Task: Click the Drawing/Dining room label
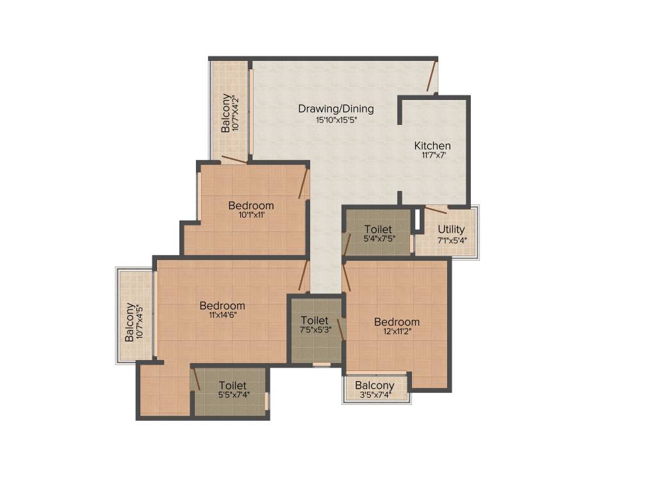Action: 336,109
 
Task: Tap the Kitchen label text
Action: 432,146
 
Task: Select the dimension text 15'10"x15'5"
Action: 336,120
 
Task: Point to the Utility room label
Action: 452,230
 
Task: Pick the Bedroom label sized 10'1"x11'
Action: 251,206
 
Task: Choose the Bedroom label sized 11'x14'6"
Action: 222,306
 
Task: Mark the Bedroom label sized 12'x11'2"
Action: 397,322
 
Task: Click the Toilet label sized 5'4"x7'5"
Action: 379,229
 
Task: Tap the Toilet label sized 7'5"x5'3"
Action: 315,320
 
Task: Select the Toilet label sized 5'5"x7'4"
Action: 233,386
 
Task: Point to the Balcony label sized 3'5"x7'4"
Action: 375,385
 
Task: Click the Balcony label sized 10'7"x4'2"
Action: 226,113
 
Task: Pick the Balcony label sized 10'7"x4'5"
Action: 130,322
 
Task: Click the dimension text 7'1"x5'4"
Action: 452,240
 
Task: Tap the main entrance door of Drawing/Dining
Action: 432,76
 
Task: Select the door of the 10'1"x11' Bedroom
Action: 304,184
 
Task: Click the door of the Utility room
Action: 436,209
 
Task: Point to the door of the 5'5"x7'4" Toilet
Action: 196,379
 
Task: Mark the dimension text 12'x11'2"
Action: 397,332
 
